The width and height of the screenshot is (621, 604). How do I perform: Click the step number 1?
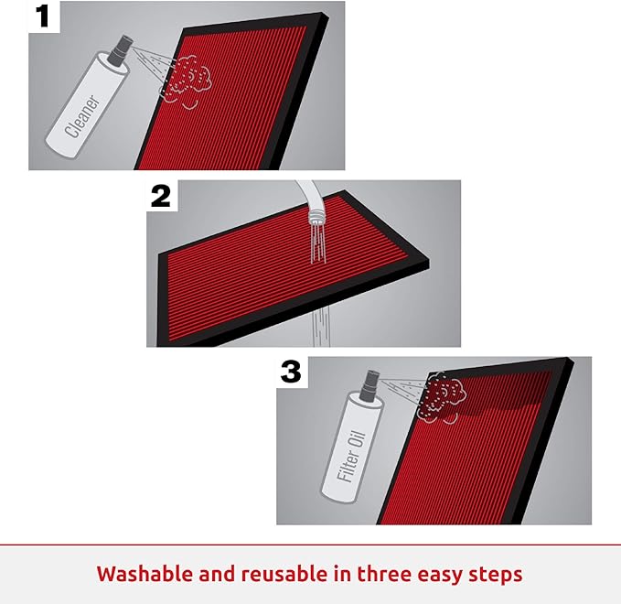42,16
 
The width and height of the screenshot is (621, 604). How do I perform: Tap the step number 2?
161,196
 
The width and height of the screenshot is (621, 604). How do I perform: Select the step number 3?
291,372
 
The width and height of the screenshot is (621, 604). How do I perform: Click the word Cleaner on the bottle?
82,116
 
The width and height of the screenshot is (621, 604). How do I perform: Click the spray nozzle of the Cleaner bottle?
124,48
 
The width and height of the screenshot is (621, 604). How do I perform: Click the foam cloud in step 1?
187,82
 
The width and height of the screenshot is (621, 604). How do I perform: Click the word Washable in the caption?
145,574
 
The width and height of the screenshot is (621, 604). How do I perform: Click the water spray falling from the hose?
316,243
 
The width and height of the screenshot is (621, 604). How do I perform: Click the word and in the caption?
218,574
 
